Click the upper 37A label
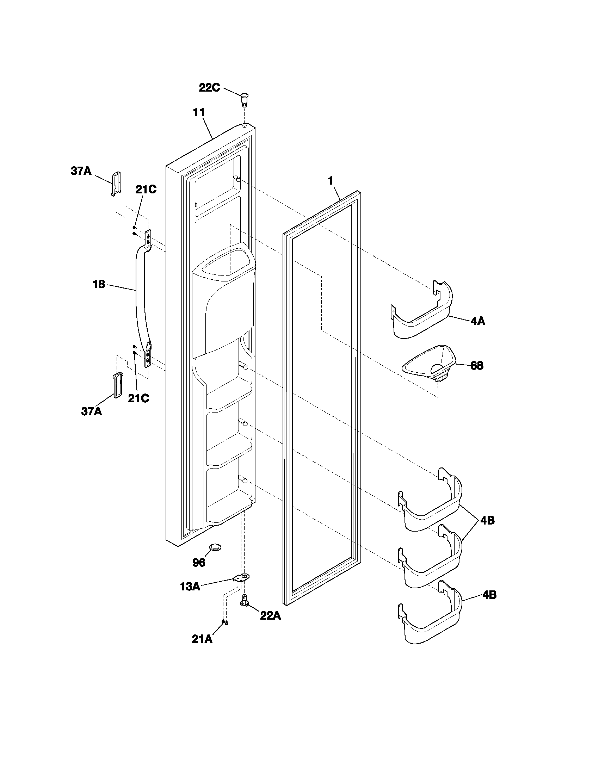[x=81, y=172]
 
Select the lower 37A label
[x=92, y=411]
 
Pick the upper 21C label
[x=146, y=190]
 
